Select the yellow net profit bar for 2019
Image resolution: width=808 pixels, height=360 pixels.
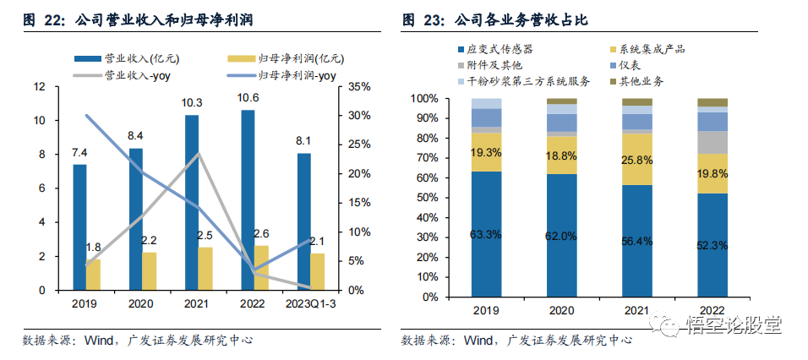click(93, 274)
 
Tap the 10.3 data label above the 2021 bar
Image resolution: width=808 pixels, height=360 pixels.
click(192, 103)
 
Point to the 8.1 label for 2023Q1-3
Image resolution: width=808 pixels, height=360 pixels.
click(304, 141)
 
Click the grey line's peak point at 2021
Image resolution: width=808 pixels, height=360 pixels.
click(199, 153)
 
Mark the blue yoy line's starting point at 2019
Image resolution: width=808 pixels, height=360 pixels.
click(86, 115)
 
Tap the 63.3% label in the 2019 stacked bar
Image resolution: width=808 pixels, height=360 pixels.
click(485, 234)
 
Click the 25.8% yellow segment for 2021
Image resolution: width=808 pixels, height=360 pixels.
click(636, 159)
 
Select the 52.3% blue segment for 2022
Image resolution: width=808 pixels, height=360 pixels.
click(712, 245)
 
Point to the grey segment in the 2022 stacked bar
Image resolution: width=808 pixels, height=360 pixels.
click(712, 142)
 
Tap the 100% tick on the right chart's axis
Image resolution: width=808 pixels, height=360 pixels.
click(424, 99)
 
